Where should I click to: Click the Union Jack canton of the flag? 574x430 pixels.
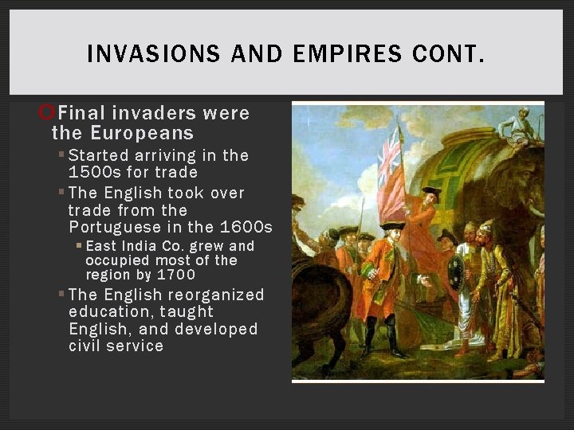pyautogui.click(x=389, y=155)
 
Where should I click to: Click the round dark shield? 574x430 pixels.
pyautogui.click(x=455, y=272)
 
